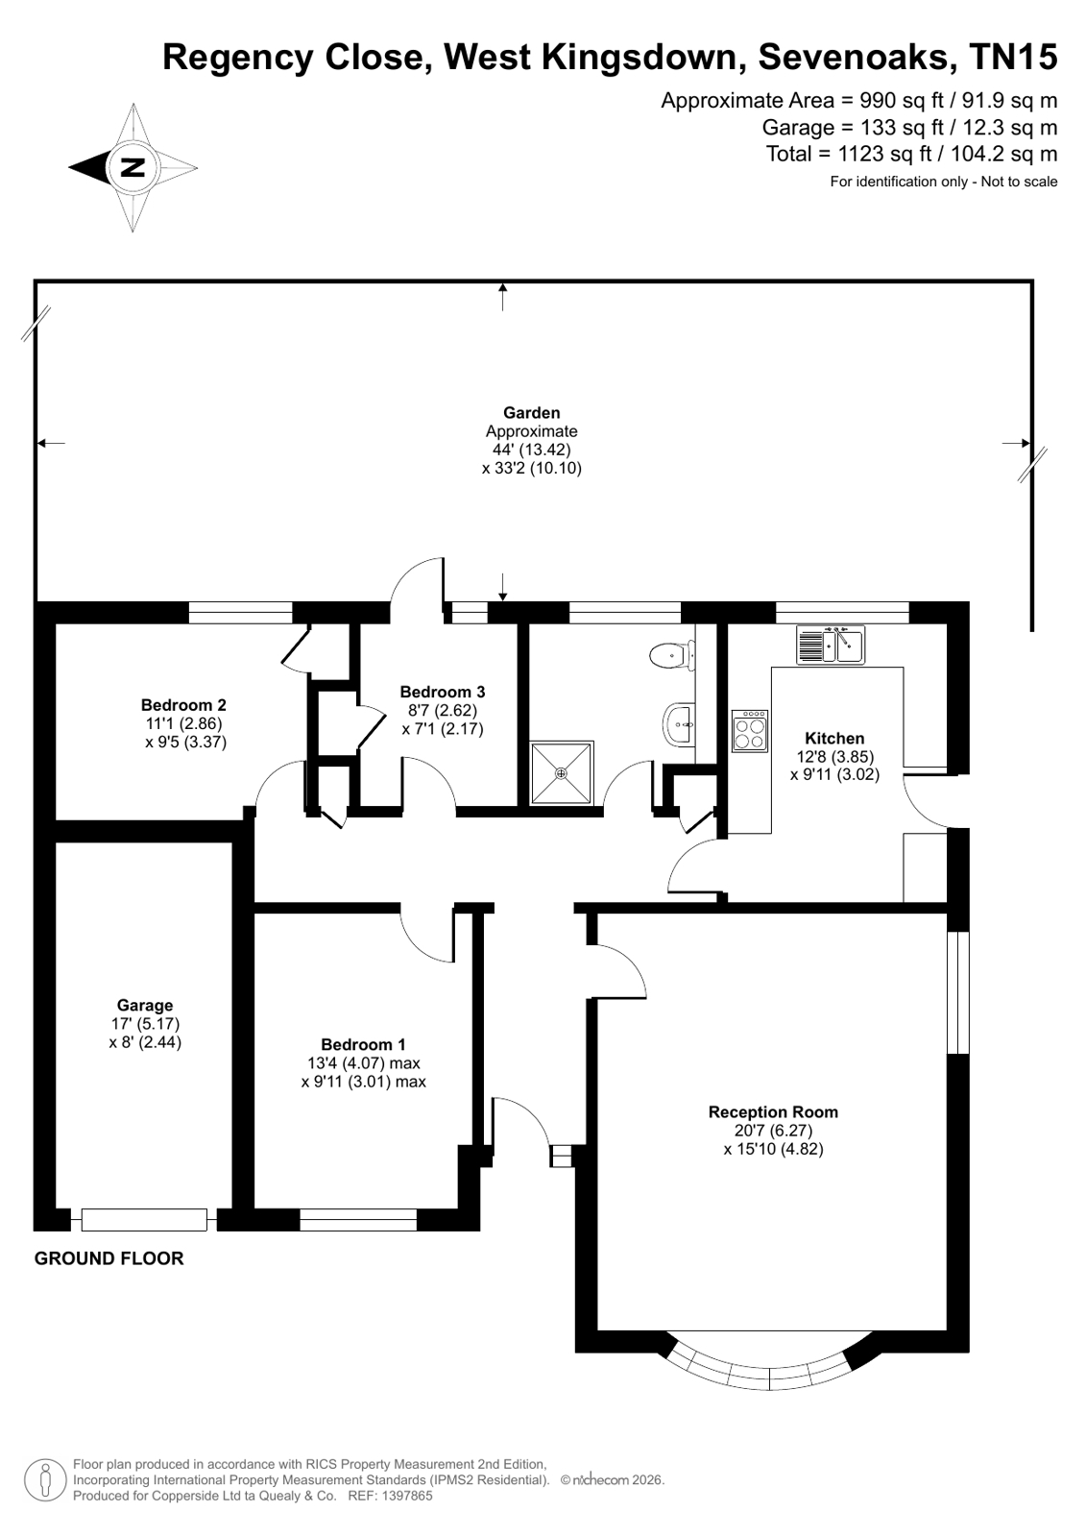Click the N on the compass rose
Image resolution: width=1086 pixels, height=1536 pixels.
(133, 167)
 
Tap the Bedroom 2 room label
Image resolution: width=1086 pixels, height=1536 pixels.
(183, 705)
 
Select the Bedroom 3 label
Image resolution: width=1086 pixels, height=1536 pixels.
(443, 692)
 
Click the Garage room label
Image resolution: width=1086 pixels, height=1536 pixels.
(145, 1005)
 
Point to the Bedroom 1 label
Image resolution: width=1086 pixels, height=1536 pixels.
(363, 1044)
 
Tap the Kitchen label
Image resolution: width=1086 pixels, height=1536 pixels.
(834, 739)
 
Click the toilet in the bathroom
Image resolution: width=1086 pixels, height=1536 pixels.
(672, 653)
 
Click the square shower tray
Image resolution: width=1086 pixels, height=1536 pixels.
(562, 772)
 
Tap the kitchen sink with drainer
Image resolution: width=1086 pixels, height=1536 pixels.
(831, 645)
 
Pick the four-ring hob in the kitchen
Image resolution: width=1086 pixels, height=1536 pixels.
(749, 731)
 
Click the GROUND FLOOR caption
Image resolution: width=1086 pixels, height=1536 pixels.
(109, 1258)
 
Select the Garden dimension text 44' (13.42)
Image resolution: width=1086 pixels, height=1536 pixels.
(531, 450)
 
